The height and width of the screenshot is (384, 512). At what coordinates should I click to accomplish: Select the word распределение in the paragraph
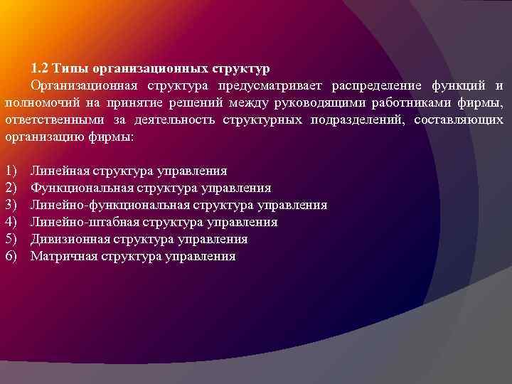point(377,86)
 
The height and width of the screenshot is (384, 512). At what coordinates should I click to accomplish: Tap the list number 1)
point(11,171)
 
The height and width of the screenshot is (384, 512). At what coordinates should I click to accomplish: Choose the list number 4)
point(11,222)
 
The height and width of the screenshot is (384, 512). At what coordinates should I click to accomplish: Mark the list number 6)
point(11,256)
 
